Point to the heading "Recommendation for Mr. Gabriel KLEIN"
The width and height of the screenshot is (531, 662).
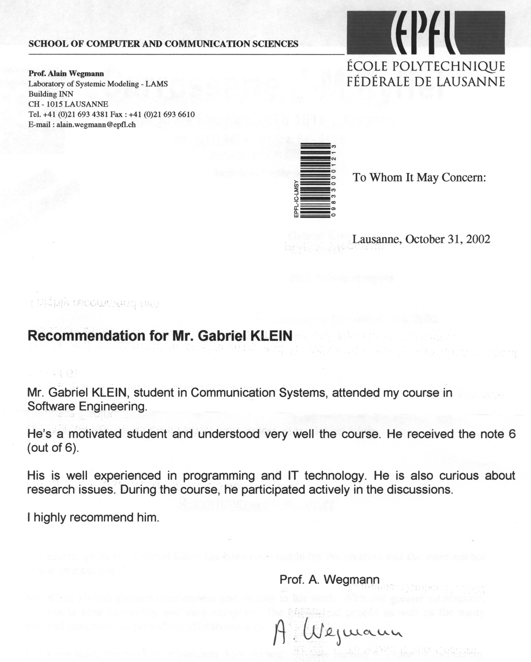coord(160,335)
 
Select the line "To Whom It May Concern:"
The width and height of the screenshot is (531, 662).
coord(419,178)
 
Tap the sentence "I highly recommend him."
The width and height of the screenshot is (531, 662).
coord(93,518)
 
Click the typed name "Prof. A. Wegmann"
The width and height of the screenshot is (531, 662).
coord(329,579)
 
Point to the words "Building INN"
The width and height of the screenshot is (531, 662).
coord(51,94)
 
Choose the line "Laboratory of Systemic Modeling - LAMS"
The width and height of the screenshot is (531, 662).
coord(97,84)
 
